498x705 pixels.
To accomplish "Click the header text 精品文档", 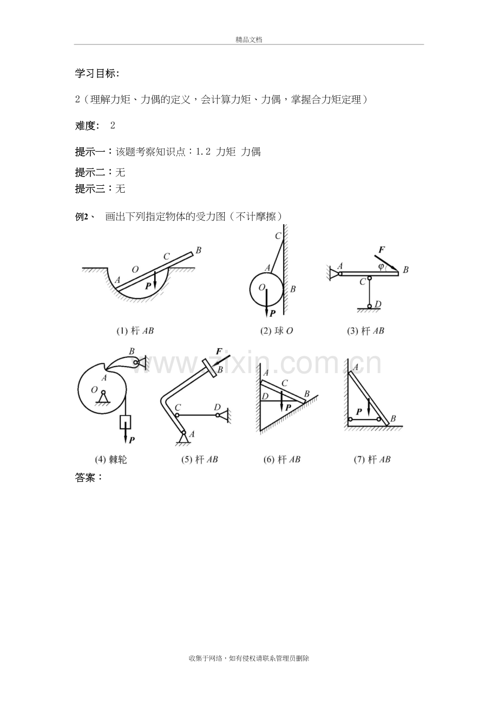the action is (249, 40).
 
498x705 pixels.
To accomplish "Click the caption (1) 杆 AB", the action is (135, 331).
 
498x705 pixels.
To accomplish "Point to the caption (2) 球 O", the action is (276, 331).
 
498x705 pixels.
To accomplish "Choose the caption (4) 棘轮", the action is (111, 460).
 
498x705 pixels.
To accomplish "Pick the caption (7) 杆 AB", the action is (372, 460).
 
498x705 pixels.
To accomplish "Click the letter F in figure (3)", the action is (382, 250).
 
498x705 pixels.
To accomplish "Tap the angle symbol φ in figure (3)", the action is (381, 266).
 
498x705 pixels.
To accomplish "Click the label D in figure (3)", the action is (378, 304).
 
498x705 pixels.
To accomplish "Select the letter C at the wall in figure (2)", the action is (278, 236).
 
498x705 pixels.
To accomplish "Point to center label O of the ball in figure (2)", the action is (262, 287).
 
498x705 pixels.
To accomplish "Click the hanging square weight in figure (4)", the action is (125, 422).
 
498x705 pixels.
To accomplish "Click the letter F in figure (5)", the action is (219, 351).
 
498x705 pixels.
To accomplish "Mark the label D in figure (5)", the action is (217, 408).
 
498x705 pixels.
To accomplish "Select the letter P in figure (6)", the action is (288, 408).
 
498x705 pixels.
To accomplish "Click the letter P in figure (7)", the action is (359, 412).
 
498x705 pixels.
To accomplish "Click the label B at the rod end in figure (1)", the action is (198, 250).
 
